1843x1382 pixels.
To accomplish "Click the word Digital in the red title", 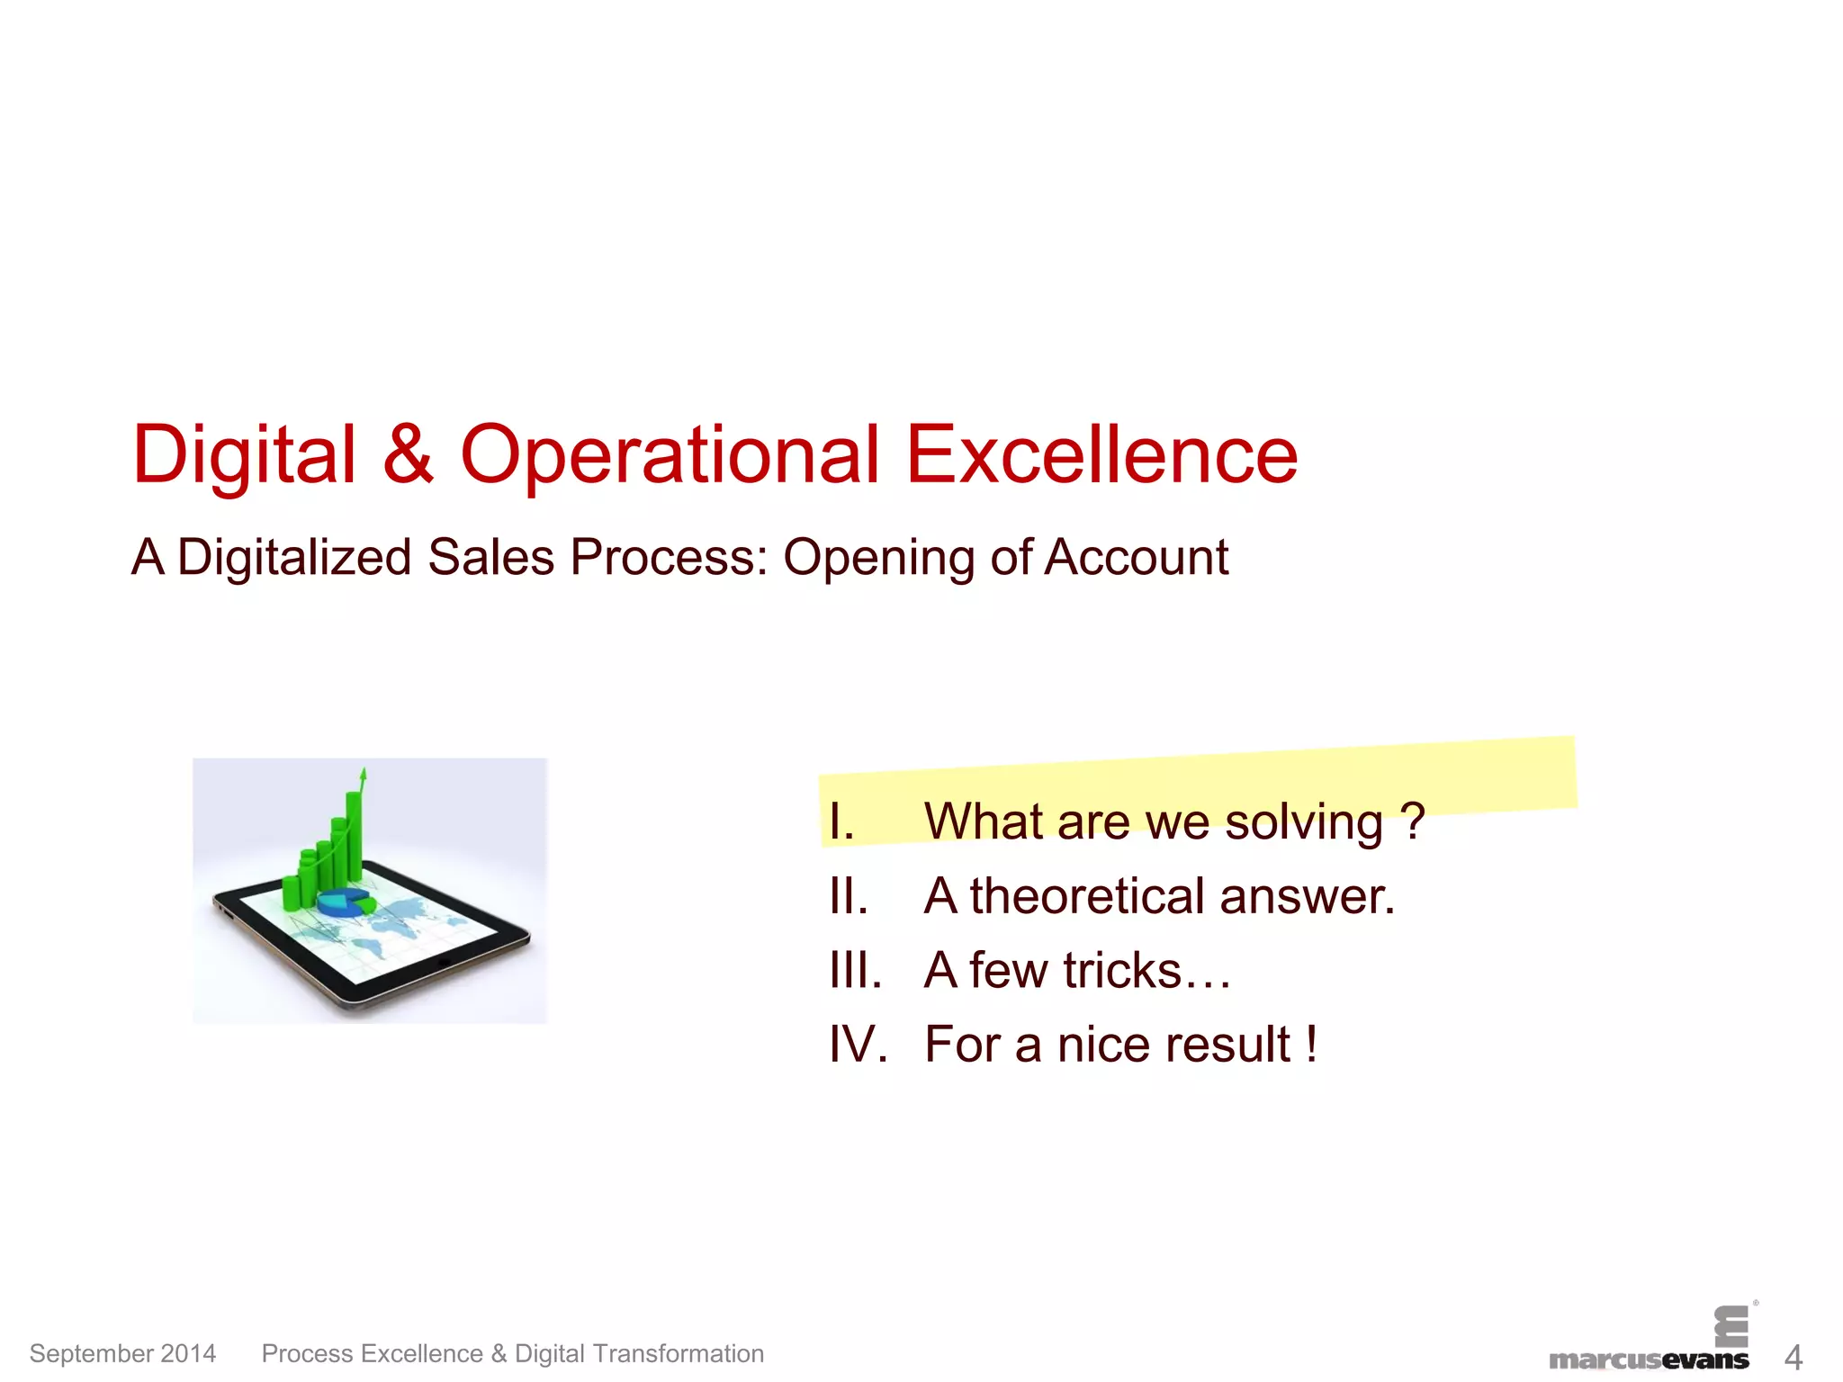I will click(244, 455).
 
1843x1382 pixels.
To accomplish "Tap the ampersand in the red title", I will click(408, 455).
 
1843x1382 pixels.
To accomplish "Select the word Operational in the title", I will click(670, 455).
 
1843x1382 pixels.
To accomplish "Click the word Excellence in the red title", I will click(1101, 455).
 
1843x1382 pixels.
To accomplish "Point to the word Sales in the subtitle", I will click(490, 557).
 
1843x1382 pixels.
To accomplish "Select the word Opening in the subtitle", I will click(878, 557).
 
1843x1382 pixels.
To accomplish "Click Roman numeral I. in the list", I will click(841, 821).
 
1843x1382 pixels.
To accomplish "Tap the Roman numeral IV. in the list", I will click(858, 1045).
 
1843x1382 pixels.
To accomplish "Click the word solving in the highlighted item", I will click(1303, 821).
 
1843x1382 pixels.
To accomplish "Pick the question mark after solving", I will click(1413, 821).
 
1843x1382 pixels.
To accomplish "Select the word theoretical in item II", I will click(1087, 896).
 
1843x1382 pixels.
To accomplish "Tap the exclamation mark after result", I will click(1312, 1045).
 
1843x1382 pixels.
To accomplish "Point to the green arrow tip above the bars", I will click(364, 773).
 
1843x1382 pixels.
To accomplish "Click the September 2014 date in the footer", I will click(122, 1353).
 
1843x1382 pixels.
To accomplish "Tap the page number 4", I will click(1793, 1357).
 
